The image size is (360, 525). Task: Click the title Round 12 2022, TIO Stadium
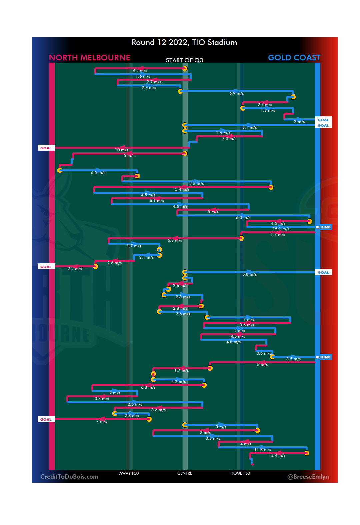(184, 43)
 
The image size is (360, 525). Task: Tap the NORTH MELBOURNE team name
(89, 58)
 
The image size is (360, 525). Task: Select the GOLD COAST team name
(294, 58)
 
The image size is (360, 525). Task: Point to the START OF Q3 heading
(184, 60)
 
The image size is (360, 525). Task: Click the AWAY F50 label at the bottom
(129, 473)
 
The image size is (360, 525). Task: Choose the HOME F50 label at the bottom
(240, 473)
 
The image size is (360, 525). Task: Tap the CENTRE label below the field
(185, 473)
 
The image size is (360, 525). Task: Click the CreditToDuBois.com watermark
(69, 477)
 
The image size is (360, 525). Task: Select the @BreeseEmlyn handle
(308, 477)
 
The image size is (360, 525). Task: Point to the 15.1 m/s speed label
(281, 229)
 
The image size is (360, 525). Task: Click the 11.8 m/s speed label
(263, 450)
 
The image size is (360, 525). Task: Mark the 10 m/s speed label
(122, 150)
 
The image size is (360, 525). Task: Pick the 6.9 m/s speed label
(236, 93)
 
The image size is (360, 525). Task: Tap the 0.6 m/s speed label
(264, 353)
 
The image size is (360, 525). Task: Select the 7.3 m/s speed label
(229, 139)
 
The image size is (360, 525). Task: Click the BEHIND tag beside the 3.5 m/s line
(323, 357)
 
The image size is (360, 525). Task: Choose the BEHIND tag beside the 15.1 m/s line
(323, 227)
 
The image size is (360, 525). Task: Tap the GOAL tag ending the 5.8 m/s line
(323, 272)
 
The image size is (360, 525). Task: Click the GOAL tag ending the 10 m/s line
(46, 148)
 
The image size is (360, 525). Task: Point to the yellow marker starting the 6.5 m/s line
(60, 170)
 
